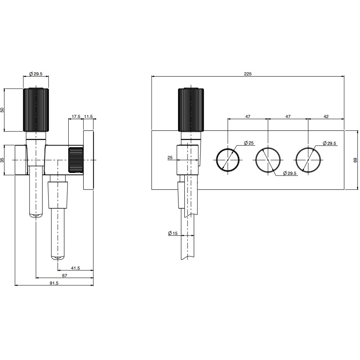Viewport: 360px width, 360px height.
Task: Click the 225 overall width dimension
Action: tap(247, 74)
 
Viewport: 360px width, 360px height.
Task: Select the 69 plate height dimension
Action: tap(355, 160)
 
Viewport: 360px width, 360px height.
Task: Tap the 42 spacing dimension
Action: tap(326, 116)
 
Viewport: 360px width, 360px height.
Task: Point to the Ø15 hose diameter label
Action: tap(172, 233)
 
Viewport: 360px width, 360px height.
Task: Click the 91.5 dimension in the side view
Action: tap(54, 283)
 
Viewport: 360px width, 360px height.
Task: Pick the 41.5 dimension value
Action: tap(75, 268)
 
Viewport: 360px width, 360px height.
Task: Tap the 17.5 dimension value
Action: tap(76, 116)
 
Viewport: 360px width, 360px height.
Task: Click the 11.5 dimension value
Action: tap(88, 116)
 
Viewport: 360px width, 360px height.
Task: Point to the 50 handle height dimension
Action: tap(2, 110)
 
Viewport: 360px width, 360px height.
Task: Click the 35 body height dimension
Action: tap(2, 160)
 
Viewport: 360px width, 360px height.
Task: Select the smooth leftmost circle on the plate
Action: tap(228, 160)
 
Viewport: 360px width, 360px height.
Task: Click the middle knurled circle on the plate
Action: tap(268, 160)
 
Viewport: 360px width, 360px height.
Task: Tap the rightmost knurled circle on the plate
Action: tap(308, 160)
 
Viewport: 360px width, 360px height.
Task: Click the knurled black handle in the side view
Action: tap(36, 110)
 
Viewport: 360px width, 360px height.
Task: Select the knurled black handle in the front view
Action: tap(191, 110)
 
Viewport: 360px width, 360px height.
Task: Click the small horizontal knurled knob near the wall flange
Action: tap(76, 160)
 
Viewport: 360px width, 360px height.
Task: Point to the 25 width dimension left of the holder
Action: tap(170, 157)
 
